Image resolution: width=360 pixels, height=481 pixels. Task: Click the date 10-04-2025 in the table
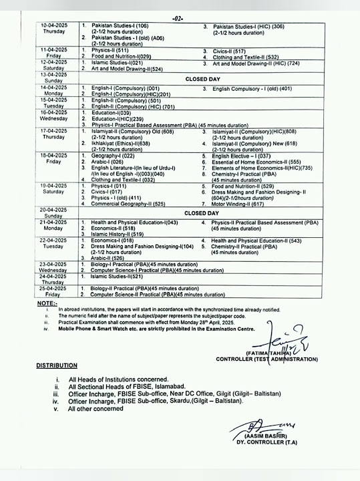pyautogui.click(x=54, y=25)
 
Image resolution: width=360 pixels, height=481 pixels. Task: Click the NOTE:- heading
pyautogui.click(x=48, y=304)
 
